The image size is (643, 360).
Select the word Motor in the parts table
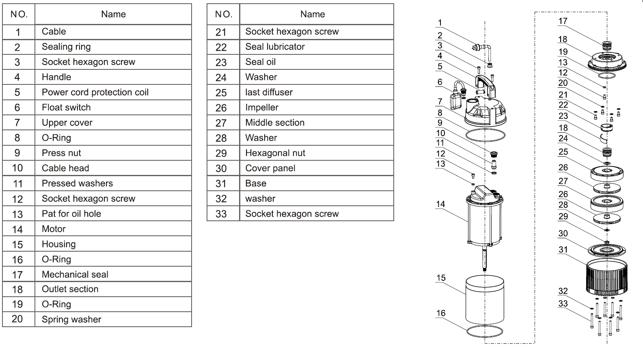click(54, 229)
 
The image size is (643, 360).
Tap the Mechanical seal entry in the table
click(75, 274)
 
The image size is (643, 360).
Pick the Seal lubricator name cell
click(275, 47)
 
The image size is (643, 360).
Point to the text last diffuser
click(269, 92)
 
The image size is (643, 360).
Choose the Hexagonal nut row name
click(275, 153)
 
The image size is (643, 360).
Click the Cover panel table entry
click(270, 168)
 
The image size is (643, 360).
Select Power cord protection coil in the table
click(95, 92)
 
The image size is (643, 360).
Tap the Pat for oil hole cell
click(71, 214)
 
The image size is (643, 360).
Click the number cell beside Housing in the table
click(17, 244)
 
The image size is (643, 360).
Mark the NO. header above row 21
click(223, 14)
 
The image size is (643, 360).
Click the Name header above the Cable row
click(113, 14)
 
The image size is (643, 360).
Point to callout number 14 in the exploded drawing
click(440, 204)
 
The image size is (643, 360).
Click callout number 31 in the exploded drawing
click(563, 250)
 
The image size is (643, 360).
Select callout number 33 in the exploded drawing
click(563, 304)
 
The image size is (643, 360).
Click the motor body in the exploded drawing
click(485, 221)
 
